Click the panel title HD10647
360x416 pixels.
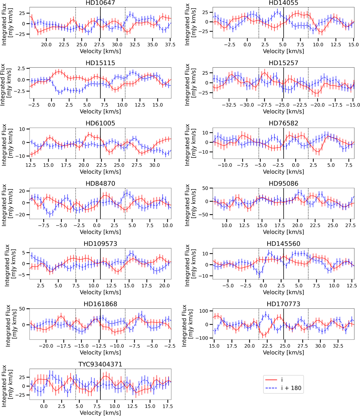coord(100,3)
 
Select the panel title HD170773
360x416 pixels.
coord(283,304)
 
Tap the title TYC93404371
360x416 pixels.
coord(100,364)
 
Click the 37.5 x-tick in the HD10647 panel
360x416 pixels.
coord(170,45)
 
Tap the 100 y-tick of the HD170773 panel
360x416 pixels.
coord(205,311)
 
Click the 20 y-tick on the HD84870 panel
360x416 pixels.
coord(23,191)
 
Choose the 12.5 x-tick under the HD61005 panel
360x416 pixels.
coord(31,165)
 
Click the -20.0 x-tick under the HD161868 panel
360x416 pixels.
coord(46,346)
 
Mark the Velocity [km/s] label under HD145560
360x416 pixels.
coord(283,292)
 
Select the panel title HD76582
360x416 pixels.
coord(283,123)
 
